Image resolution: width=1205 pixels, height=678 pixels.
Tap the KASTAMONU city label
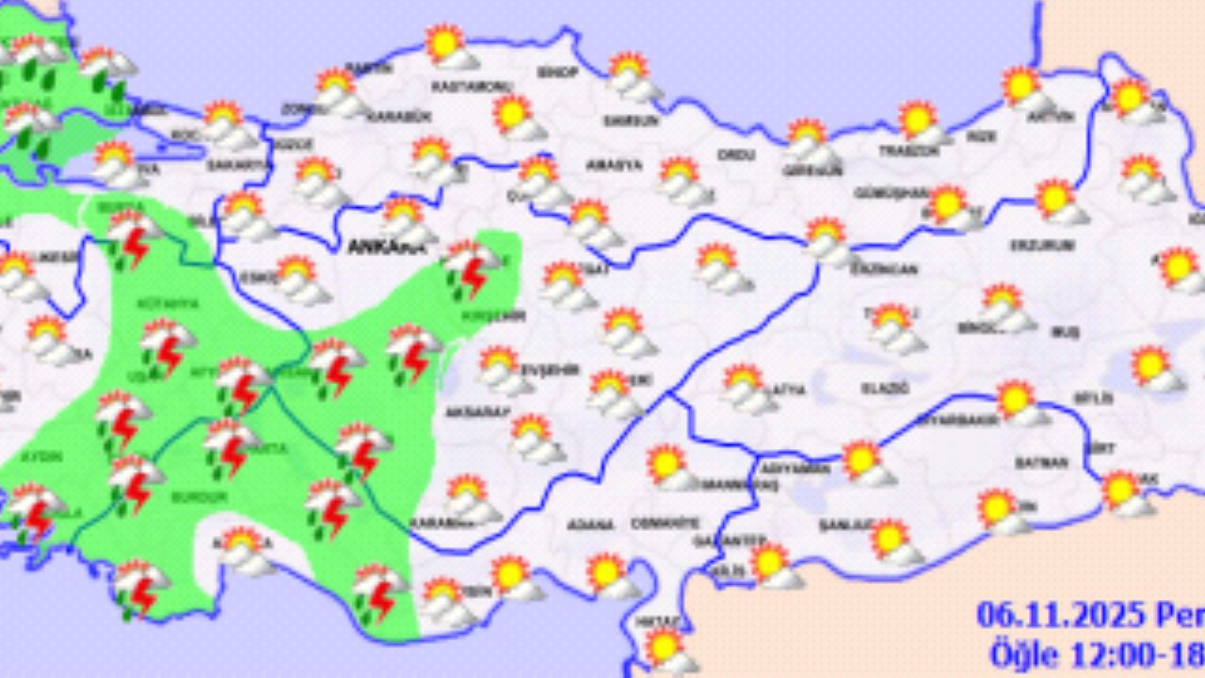pos(471,87)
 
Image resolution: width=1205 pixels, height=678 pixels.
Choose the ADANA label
pos(590,525)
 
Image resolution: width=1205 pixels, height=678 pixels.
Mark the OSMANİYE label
pos(666,523)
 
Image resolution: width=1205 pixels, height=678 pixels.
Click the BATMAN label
pos(1041,462)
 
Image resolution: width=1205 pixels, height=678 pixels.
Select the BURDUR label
pos(199,496)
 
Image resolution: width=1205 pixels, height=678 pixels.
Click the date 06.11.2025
pos(1057,615)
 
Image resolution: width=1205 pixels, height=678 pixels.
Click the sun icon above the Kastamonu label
pos(447,45)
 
